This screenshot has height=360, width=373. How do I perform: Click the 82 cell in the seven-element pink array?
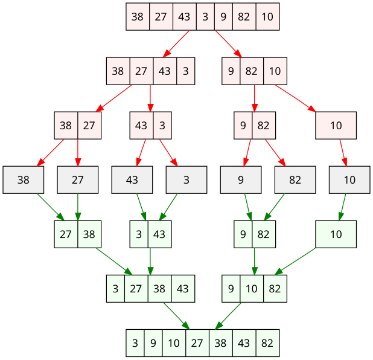244,17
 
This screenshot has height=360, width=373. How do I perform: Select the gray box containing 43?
132,179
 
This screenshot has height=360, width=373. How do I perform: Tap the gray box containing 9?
241,179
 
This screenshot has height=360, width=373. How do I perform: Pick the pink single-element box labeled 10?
336,126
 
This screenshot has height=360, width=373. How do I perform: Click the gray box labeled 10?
349,179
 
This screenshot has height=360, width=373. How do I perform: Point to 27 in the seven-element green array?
197,343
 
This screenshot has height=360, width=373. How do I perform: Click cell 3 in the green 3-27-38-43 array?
115,289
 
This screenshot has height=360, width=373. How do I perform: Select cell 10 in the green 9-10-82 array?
252,289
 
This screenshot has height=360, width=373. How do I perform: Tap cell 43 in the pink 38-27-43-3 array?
165,71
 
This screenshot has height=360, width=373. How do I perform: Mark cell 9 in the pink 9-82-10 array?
231,71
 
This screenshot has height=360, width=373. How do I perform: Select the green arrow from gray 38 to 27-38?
51,207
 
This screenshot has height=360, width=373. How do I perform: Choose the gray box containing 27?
78,179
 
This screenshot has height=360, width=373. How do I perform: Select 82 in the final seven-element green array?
267,343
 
